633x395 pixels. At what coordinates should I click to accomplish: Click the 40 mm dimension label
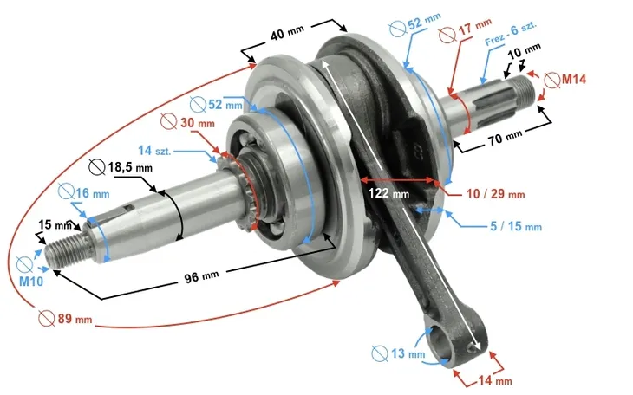pyautogui.click(x=286, y=36)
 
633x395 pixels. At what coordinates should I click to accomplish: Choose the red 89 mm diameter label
pyautogui.click(x=73, y=318)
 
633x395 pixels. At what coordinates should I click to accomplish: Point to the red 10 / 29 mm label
pyautogui.click(x=493, y=194)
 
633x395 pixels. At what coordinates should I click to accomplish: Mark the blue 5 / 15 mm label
pyautogui.click(x=514, y=227)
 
